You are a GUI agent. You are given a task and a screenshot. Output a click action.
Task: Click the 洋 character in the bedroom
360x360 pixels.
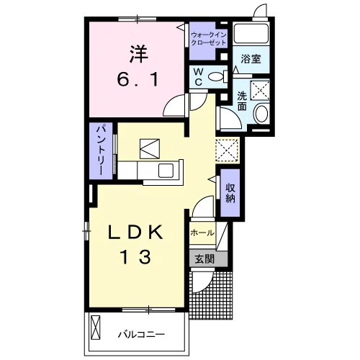click(139, 54)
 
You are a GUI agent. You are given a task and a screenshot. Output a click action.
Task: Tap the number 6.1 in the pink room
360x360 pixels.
click(138, 80)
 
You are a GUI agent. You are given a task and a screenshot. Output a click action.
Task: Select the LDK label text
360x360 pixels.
click(136, 233)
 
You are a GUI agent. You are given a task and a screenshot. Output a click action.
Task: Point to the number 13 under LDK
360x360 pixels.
click(136, 257)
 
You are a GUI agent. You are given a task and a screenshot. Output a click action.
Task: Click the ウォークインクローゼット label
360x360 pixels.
click(209, 39)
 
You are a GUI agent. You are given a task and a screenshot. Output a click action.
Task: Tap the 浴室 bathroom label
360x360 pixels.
click(251, 59)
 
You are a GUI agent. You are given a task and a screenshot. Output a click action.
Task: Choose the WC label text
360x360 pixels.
click(199, 77)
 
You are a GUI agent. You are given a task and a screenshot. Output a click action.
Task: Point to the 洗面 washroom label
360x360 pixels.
click(242, 101)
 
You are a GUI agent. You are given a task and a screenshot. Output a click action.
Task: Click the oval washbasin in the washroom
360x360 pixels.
click(261, 114)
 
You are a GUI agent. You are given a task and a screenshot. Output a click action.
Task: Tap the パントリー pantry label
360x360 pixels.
click(102, 150)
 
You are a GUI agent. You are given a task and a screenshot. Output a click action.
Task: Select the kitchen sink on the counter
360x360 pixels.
click(166, 170)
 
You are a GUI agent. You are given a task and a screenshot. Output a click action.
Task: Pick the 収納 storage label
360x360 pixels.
click(230, 194)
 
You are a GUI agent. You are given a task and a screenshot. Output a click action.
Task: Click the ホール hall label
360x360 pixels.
click(202, 233)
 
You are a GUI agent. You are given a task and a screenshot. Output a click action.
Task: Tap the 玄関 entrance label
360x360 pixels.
click(204, 258)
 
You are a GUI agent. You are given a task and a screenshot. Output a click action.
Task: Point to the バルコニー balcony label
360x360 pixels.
click(141, 334)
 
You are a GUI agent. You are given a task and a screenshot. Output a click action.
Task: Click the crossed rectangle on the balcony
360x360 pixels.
click(95, 328)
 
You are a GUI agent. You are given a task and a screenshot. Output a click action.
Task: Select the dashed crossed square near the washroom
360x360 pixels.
click(227, 150)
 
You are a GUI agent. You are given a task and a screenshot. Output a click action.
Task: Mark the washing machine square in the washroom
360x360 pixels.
click(260, 90)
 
